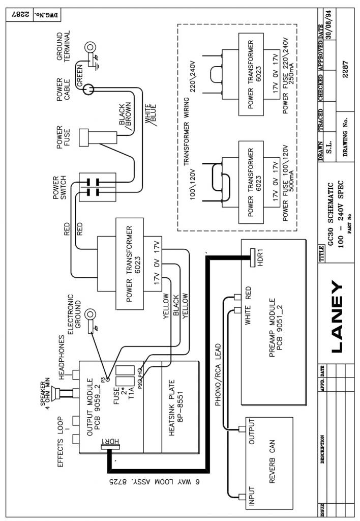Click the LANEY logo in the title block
point(337,316)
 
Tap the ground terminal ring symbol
point(89,47)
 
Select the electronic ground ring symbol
point(90,314)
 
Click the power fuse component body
point(98,137)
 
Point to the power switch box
point(97,187)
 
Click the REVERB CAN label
point(273,462)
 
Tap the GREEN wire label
point(80,76)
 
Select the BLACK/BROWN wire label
point(125,113)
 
